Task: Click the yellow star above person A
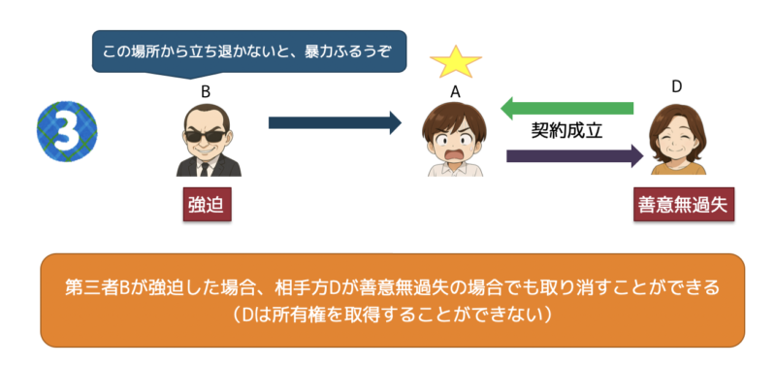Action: (455, 61)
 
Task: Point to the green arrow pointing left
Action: (566, 108)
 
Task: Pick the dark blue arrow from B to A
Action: (335, 123)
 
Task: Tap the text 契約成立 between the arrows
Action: (567, 131)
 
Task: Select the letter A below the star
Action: (455, 92)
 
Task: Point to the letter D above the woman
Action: (677, 87)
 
